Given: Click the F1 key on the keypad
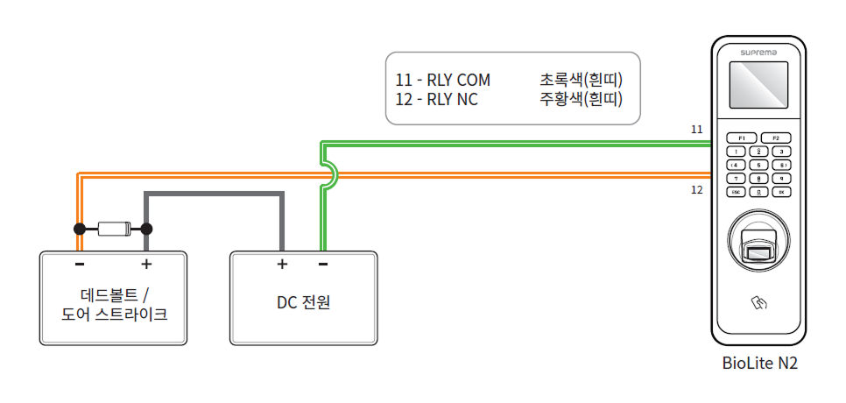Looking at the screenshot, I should click(741, 138).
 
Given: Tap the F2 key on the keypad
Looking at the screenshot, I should click(775, 138).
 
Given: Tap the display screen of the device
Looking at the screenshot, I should click(758, 88).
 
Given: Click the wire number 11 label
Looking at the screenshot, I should click(697, 130).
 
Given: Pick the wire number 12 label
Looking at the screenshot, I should click(697, 189).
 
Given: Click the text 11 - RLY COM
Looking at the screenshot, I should click(443, 81).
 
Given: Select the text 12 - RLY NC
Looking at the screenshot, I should click(437, 100).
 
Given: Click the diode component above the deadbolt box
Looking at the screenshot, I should click(114, 230).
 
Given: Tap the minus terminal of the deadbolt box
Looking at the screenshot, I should click(80, 264).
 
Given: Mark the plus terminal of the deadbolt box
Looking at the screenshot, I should click(146, 264).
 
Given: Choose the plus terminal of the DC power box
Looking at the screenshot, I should click(282, 264).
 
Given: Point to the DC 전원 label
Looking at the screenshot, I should click(303, 303).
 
